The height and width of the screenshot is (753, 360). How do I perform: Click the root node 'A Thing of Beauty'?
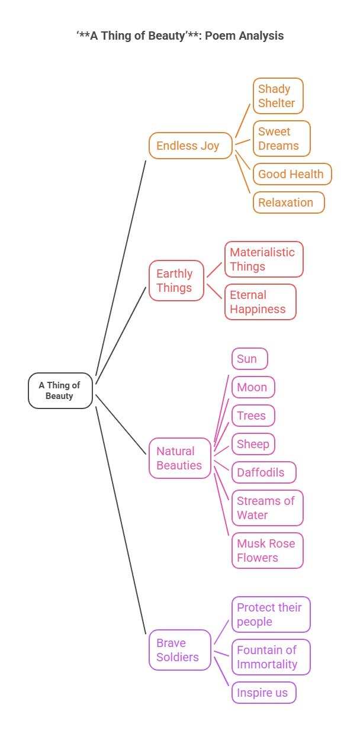60,391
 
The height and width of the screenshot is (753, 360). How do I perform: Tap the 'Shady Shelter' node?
278,96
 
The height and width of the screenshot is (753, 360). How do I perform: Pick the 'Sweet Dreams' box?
281,139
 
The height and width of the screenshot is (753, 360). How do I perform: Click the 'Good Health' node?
292,174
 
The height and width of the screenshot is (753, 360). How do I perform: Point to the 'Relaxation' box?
288,202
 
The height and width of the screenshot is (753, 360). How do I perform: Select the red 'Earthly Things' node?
176,281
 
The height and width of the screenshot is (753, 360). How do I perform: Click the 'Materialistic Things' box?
263,259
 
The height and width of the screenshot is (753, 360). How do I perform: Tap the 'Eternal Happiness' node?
260,302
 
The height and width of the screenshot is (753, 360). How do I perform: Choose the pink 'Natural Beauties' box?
179,458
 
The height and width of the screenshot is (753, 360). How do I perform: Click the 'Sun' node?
249,359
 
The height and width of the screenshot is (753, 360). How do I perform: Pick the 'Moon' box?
253,387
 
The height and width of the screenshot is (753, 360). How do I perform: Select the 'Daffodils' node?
263,472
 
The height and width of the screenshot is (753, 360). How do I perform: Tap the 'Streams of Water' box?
267,508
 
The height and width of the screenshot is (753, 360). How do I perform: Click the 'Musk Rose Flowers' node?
267,551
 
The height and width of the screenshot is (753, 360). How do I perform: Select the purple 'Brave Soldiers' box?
179,650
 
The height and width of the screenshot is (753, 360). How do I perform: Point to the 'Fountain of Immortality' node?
271,657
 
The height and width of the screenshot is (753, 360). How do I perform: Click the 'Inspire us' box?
263,693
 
